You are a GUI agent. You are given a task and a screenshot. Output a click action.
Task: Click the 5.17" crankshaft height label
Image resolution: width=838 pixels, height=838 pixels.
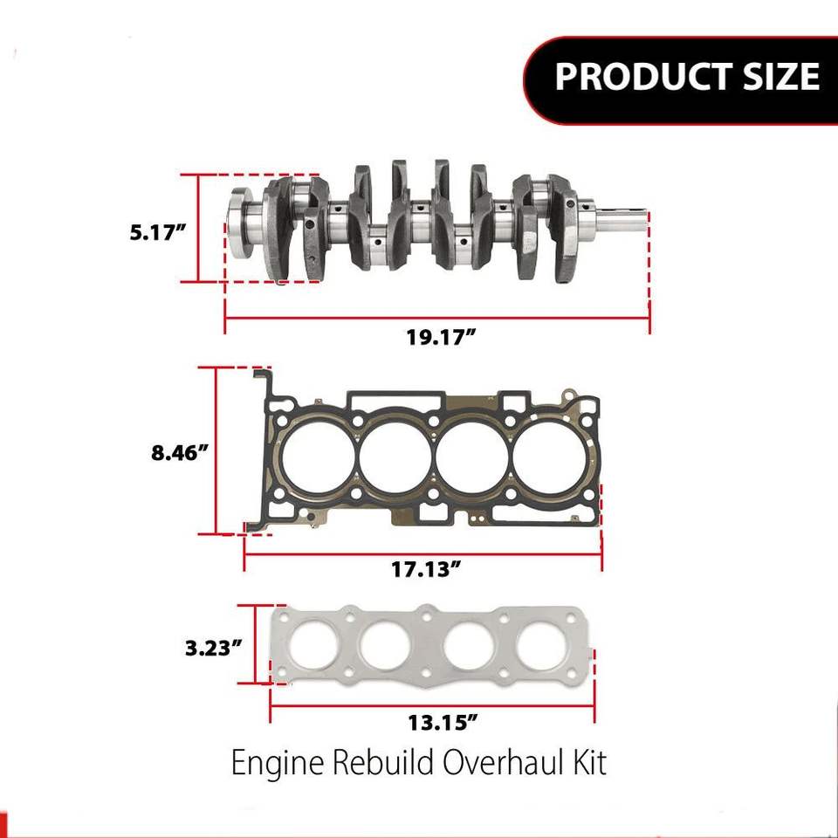click(x=158, y=233)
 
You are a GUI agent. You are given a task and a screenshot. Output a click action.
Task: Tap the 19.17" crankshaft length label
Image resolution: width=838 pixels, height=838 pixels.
click(x=441, y=337)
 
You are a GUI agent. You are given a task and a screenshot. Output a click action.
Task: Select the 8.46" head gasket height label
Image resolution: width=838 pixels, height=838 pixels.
click(x=179, y=453)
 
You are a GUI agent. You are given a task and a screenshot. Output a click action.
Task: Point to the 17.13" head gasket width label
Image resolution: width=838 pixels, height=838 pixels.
click(x=426, y=569)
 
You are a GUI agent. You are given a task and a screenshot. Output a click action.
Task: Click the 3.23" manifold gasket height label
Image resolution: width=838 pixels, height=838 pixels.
click(x=214, y=649)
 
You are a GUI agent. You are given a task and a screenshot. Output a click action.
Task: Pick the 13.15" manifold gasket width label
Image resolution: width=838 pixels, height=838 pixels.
click(x=442, y=723)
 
